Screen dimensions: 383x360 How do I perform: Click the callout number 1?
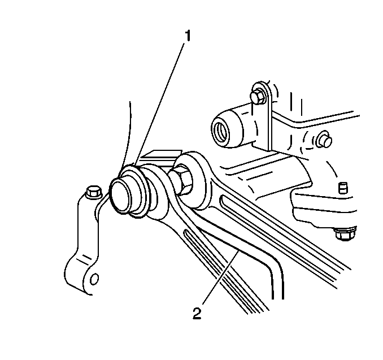pos(188,36)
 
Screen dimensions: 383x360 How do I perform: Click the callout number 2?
pos(197,313)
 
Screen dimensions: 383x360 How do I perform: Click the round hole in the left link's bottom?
pos(94,279)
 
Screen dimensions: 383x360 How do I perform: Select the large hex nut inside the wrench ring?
pos(181,177)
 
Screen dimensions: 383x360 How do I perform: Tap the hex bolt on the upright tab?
pos(258,97)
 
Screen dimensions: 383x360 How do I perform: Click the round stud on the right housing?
pos(324,140)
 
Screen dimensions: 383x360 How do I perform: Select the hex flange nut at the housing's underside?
pos(345,234)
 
